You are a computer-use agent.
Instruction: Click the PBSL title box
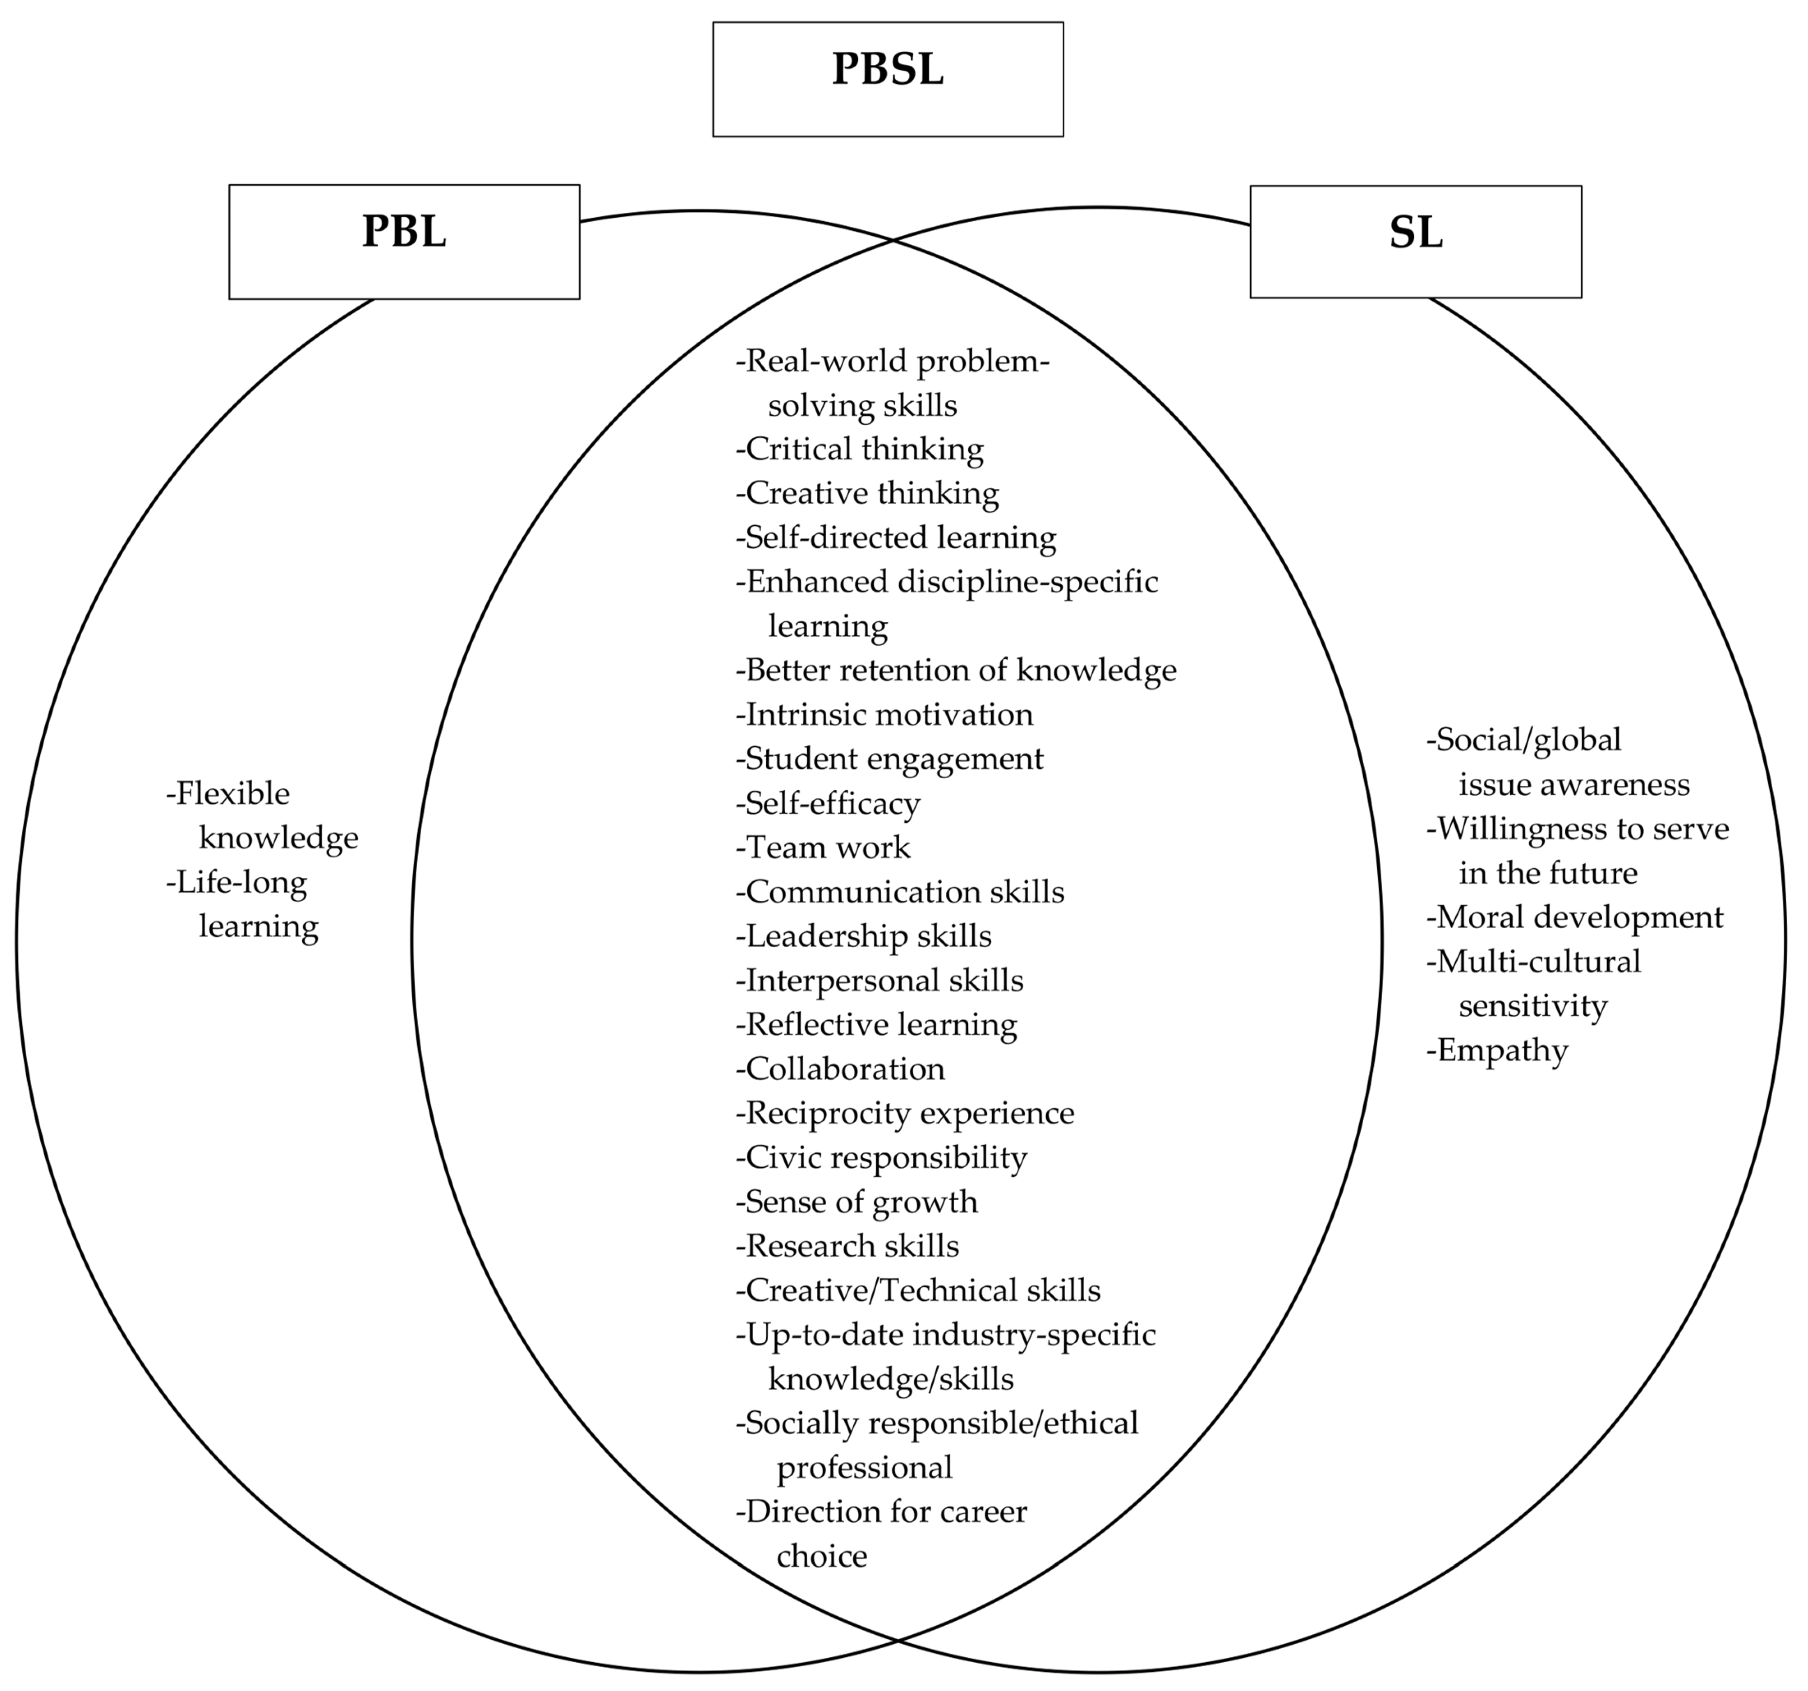pyautogui.click(x=888, y=79)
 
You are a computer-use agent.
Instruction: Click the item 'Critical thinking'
pyautogui.click(x=860, y=449)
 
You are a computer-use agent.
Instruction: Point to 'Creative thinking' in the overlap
pyautogui.click(x=868, y=493)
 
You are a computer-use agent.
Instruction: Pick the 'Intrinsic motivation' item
pyautogui.click(x=885, y=715)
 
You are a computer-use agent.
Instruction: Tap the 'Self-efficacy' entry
pyautogui.click(x=829, y=803)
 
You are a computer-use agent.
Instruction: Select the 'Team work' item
pyautogui.click(x=823, y=848)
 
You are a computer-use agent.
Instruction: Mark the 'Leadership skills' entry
pyautogui.click(x=864, y=936)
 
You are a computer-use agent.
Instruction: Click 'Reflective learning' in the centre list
pyautogui.click(x=877, y=1025)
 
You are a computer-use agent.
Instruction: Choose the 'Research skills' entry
pyautogui.click(x=848, y=1246)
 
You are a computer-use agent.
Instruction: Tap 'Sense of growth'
pyautogui.click(x=857, y=1203)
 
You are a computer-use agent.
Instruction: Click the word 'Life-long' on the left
pyautogui.click(x=237, y=882)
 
